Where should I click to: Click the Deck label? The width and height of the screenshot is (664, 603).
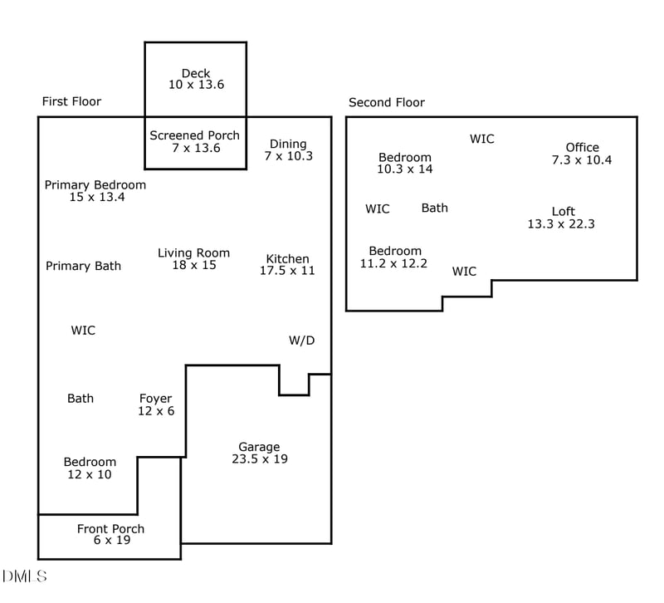(196, 73)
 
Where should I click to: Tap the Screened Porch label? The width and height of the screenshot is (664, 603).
(194, 135)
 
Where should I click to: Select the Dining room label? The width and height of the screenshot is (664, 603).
(288, 144)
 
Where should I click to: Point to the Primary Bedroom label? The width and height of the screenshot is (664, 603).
(95, 185)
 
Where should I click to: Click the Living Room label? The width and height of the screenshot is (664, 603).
(193, 253)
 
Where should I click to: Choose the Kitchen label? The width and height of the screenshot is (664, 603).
(287, 258)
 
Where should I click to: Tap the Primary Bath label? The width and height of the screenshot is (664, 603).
(83, 266)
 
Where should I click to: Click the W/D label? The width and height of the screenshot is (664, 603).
(301, 341)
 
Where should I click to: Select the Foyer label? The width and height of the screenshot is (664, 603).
(156, 399)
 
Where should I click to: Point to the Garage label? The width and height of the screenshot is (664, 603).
(259, 447)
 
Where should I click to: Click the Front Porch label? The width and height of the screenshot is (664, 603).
(110, 529)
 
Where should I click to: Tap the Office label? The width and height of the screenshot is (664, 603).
(582, 148)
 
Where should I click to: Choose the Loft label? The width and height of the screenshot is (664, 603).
(563, 211)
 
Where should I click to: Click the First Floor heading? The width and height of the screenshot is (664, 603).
(71, 101)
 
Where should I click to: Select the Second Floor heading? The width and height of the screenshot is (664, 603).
(386, 102)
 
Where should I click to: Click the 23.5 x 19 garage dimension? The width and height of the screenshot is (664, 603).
(259, 458)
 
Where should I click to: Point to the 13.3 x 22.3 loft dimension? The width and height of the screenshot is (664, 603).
(561, 223)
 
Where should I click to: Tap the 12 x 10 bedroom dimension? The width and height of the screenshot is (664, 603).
(90, 474)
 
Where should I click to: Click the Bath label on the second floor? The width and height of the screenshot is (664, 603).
(434, 208)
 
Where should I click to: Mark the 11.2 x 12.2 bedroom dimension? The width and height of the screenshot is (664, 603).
(393, 263)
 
